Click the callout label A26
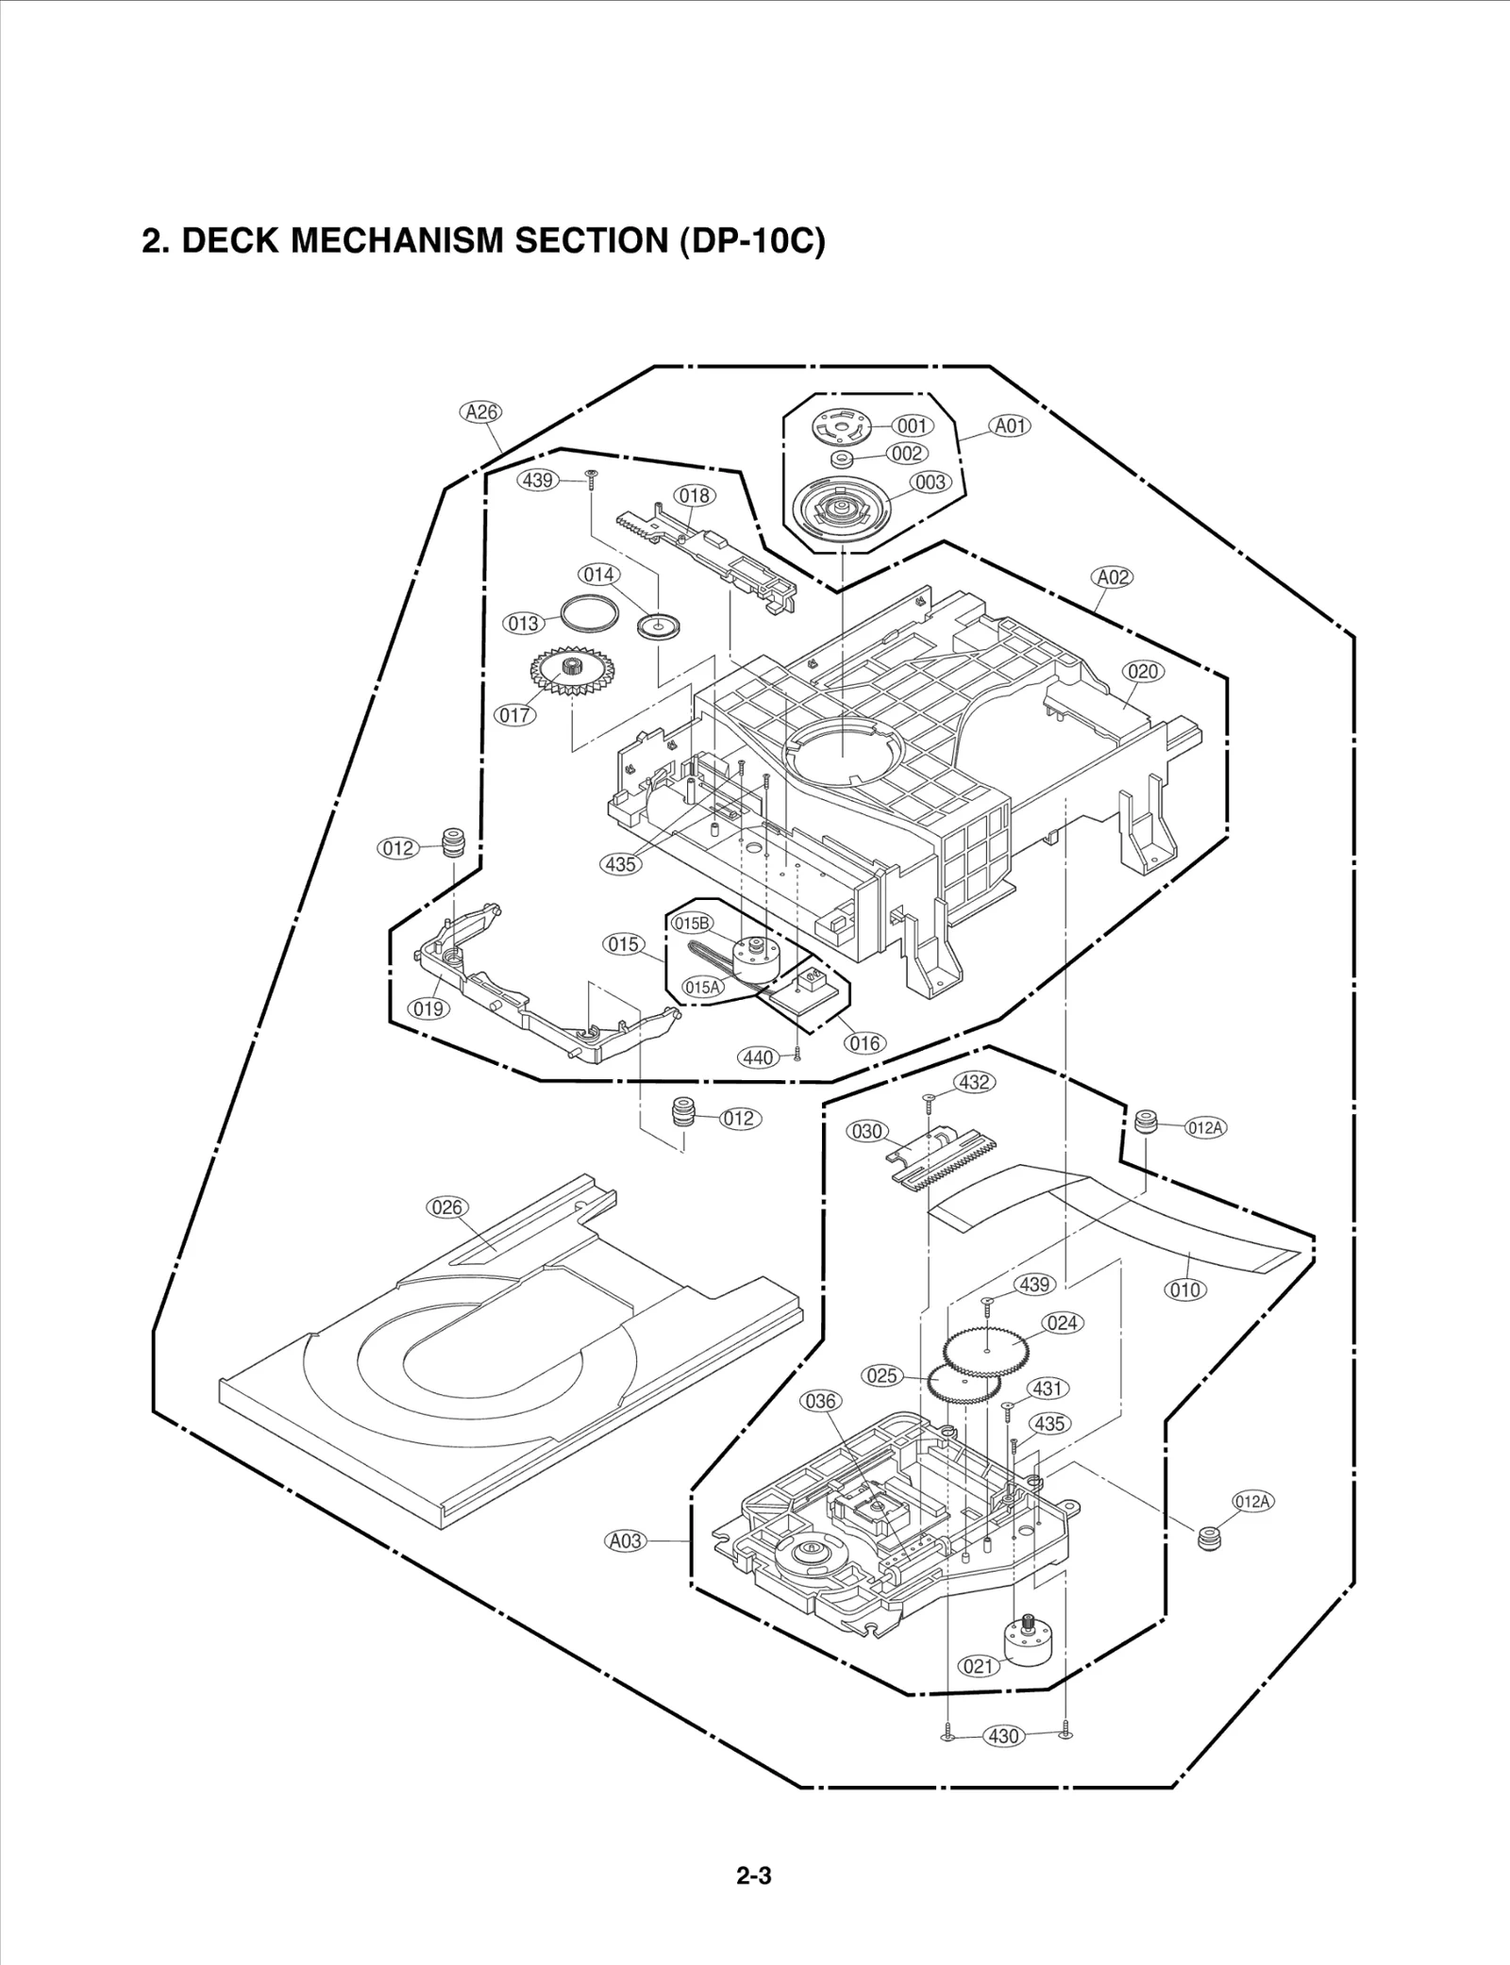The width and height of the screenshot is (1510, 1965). pyautogui.click(x=481, y=412)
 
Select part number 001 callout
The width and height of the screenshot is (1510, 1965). pyautogui.click(x=912, y=425)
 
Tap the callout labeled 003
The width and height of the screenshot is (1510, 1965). pyautogui.click(x=930, y=482)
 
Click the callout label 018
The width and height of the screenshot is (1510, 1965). pyautogui.click(x=694, y=495)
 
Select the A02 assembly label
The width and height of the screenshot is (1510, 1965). pyautogui.click(x=1112, y=576)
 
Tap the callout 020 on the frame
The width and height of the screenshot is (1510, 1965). pyautogui.click(x=1143, y=672)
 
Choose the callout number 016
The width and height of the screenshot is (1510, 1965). pyautogui.click(x=864, y=1043)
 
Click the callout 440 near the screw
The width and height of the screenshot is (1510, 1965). pyautogui.click(x=758, y=1057)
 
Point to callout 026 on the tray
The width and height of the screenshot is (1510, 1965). pyautogui.click(x=446, y=1207)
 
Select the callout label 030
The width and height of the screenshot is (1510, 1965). pyautogui.click(x=866, y=1131)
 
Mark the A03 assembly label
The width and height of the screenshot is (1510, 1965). pyautogui.click(x=625, y=1540)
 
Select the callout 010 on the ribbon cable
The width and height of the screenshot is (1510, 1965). pyautogui.click(x=1185, y=1290)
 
